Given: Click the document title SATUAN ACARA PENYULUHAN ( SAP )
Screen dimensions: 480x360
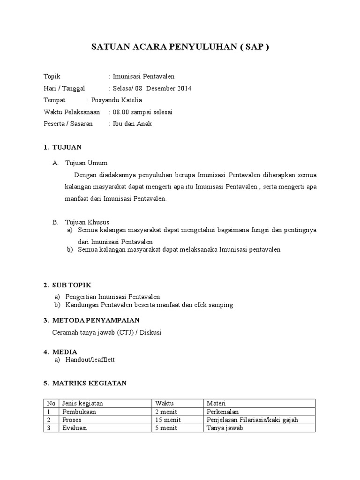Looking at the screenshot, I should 180,47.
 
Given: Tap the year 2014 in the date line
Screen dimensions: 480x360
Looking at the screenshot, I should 184,89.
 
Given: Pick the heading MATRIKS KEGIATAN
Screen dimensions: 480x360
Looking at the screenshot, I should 89,383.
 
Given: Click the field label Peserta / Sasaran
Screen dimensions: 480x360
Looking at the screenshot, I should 68,124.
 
